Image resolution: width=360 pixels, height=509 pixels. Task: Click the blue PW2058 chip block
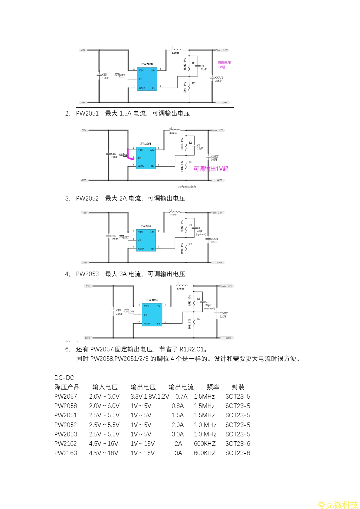tap(147, 79)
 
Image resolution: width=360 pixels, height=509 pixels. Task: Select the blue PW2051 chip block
tap(146, 158)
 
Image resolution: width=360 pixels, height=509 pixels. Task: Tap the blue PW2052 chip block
tap(146, 240)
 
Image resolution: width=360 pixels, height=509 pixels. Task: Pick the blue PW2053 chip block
tap(152, 315)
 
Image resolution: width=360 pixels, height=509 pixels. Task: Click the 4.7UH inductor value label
tap(180, 289)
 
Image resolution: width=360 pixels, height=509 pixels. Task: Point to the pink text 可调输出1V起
tap(211, 169)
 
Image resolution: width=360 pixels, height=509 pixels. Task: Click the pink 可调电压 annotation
tap(224, 63)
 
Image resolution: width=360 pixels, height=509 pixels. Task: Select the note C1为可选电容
tap(187, 187)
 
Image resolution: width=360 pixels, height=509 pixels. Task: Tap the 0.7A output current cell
tap(181, 396)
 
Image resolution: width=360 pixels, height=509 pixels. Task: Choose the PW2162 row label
tap(66, 444)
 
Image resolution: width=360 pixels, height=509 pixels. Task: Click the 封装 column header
tap(238, 387)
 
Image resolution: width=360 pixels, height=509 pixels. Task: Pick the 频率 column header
tap(213, 387)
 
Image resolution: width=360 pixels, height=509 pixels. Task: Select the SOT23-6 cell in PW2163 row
tap(237, 453)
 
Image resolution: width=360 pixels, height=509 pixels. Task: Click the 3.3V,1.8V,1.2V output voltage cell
tap(149, 396)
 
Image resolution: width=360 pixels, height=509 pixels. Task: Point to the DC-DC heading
tap(64, 378)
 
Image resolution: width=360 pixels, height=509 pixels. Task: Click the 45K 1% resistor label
tap(190, 301)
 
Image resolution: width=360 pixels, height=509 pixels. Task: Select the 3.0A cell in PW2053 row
tap(178, 434)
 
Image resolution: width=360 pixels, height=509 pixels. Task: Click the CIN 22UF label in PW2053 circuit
tap(119, 312)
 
